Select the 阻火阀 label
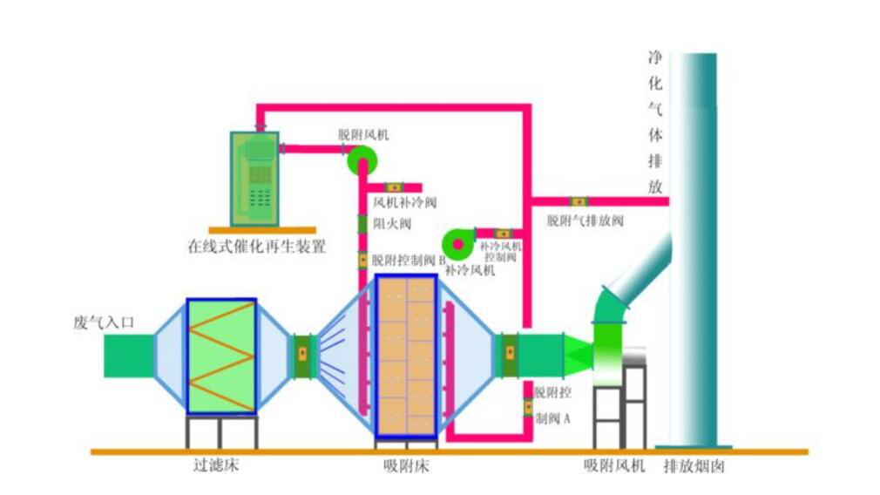[387, 224]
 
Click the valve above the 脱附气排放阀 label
[578, 201]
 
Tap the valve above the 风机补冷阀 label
[393, 186]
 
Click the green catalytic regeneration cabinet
[254, 179]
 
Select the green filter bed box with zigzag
[221, 355]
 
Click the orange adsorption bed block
[406, 355]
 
